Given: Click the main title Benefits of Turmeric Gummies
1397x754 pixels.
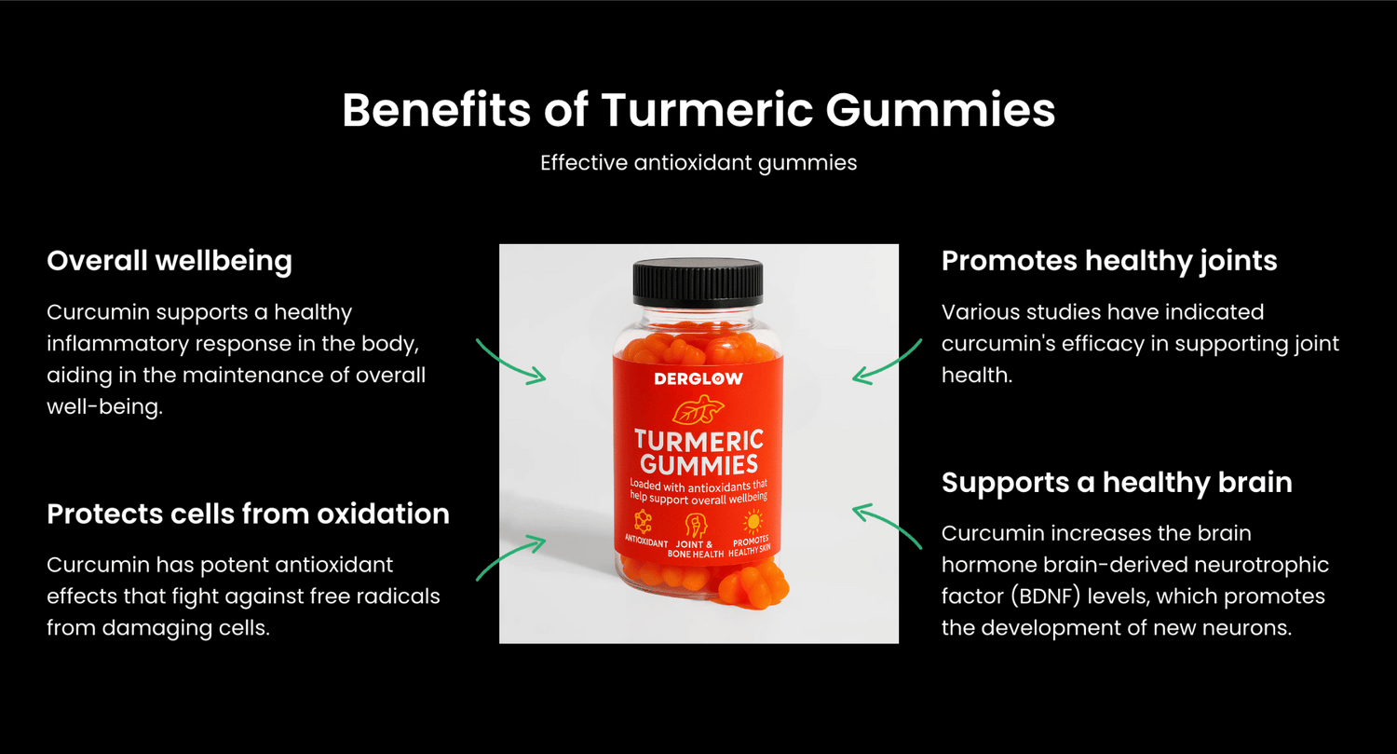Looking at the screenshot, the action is (x=698, y=111).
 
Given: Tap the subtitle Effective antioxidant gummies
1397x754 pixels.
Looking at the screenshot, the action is (x=698, y=163).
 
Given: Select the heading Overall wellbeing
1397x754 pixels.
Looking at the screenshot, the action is (x=170, y=261).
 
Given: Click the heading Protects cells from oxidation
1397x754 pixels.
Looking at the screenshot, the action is (x=249, y=514).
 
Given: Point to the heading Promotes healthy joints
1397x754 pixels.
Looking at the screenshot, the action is (x=1109, y=261).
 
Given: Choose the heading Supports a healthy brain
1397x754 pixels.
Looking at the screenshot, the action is (x=1117, y=483).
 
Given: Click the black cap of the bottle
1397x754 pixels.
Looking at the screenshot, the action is (x=698, y=282).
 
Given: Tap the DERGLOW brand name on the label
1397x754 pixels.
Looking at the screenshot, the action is (x=698, y=378).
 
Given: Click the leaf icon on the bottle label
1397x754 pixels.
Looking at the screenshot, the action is (x=698, y=409).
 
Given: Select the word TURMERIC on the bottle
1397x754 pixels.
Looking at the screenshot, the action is (x=699, y=440).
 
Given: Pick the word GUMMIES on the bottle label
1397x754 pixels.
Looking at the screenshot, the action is (x=699, y=465).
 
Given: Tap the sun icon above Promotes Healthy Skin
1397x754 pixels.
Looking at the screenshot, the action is (x=753, y=522).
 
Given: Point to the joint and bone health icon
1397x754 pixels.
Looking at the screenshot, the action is (x=696, y=525).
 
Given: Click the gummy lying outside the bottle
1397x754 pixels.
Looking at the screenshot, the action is (x=753, y=585).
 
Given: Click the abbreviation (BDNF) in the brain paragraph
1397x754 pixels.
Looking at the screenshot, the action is (x=1045, y=596).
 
